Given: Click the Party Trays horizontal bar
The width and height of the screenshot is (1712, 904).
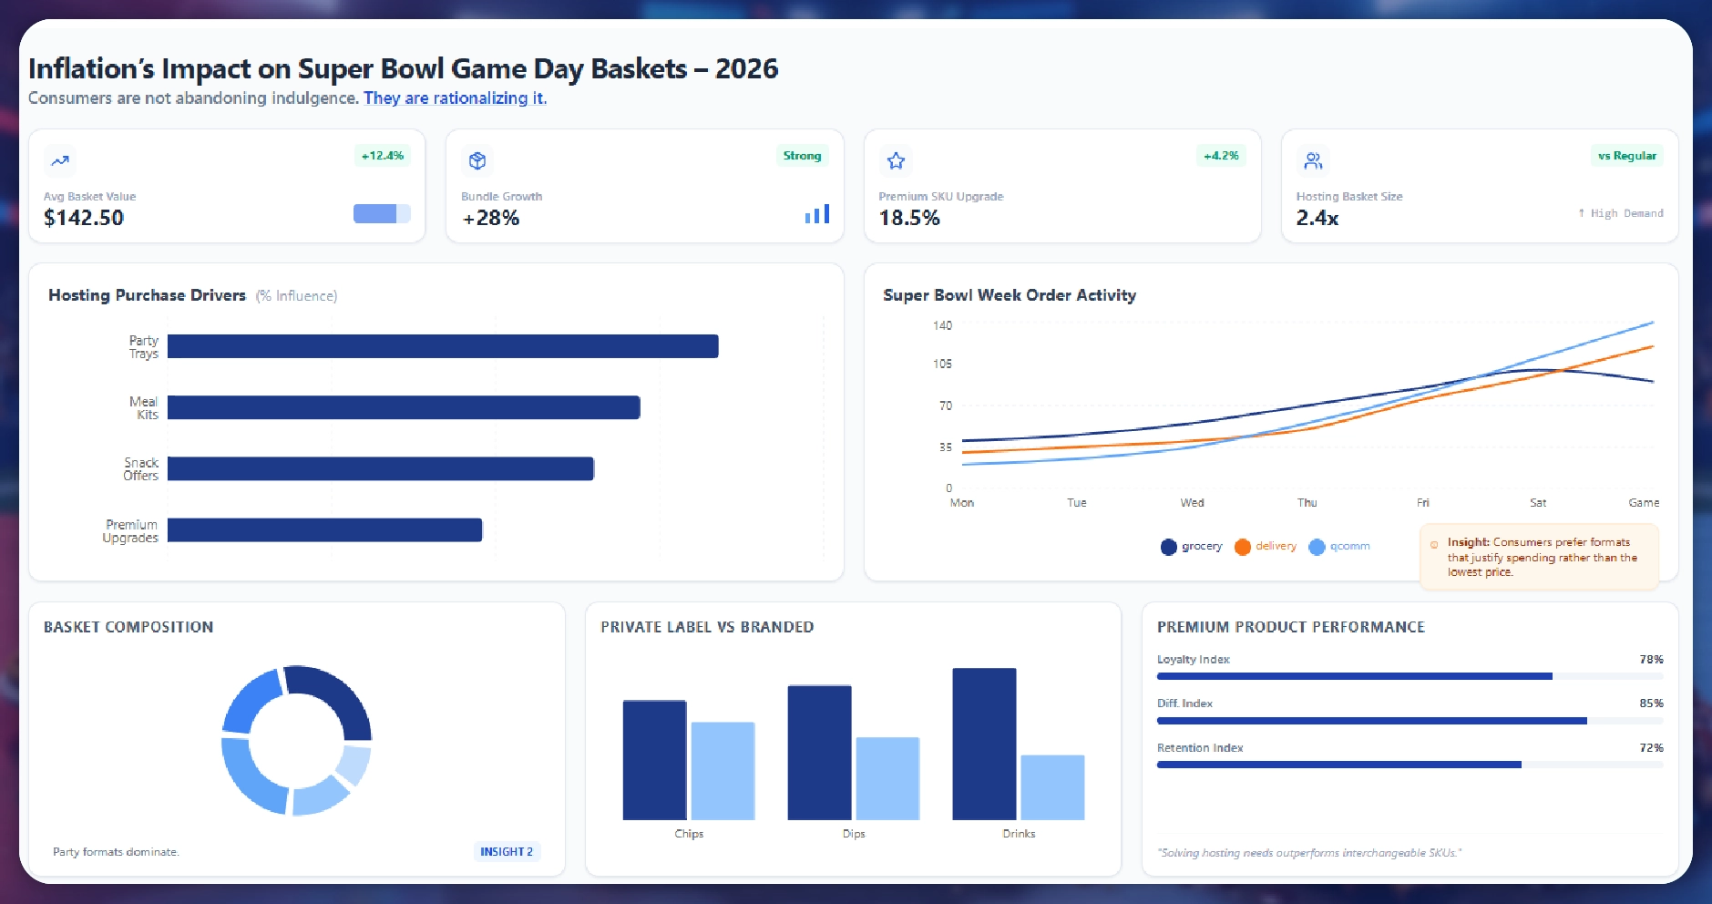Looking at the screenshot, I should (x=443, y=346).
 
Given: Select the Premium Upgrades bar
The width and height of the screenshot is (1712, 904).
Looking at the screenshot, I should (x=324, y=530).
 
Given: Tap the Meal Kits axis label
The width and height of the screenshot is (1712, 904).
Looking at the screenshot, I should (x=144, y=408).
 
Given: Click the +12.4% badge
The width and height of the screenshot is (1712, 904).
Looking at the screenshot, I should (x=383, y=156).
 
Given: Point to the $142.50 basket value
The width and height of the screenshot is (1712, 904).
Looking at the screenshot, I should (x=84, y=218).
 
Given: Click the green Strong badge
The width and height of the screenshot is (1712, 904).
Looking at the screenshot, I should (x=802, y=156).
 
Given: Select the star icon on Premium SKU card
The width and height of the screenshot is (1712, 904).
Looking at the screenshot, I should (x=896, y=161).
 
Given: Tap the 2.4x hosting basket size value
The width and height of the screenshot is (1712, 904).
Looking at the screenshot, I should (x=1317, y=218).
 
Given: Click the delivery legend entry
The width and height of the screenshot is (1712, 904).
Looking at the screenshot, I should (x=1266, y=547).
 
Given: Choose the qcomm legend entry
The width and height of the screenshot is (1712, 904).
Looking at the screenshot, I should (x=1340, y=547).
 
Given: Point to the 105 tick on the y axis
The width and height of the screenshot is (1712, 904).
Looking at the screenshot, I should (x=942, y=364).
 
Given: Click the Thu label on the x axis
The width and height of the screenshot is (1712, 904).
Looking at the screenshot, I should (x=1307, y=503).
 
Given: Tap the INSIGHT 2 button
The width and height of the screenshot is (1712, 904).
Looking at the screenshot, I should (x=507, y=852).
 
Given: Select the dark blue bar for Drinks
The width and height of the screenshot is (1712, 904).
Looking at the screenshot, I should (x=984, y=744).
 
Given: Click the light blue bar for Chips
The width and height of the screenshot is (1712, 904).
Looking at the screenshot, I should (x=723, y=771).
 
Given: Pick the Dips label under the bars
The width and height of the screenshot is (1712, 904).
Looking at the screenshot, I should (x=854, y=834).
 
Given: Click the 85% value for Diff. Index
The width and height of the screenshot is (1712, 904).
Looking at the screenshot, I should (x=1651, y=704).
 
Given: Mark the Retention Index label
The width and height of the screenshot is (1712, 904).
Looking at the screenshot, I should (x=1200, y=748).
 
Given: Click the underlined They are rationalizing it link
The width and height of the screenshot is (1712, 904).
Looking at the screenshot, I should (x=455, y=98).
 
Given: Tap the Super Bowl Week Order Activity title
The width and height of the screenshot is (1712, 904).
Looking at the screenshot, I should (x=1010, y=295).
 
